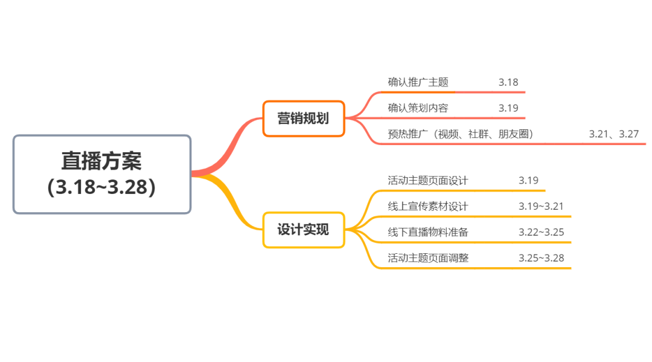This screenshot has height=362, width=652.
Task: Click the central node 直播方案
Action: tap(101, 161)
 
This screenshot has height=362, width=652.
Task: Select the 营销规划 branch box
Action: tap(303, 118)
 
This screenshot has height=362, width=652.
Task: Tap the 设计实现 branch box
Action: tap(303, 230)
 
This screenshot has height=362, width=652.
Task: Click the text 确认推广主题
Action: tap(418, 82)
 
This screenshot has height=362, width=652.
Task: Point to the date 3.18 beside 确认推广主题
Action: tap(508, 82)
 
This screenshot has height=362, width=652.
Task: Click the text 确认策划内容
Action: tap(418, 108)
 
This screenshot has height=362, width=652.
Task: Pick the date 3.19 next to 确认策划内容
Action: tap(508, 108)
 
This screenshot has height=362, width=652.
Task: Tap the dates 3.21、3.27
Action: tap(613, 134)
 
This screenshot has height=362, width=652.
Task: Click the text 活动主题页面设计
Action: tap(427, 180)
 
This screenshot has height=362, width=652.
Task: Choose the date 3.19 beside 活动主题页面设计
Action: tap(528, 180)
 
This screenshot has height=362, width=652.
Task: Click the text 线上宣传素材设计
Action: tap(427, 206)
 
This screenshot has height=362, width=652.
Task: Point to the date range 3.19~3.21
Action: tap(541, 206)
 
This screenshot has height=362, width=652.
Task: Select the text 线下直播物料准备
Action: tap(427, 232)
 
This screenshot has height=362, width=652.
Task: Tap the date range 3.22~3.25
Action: tap(541, 232)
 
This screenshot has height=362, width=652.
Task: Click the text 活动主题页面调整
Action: tap(427, 258)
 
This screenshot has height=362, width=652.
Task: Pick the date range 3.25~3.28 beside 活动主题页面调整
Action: tap(541, 258)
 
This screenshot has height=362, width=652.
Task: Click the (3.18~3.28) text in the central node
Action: tap(101, 187)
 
